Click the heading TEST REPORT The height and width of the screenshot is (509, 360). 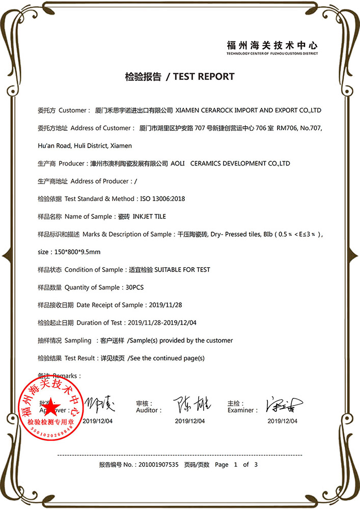204,77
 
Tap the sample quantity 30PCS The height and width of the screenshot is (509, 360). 134,287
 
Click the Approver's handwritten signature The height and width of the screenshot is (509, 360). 100,405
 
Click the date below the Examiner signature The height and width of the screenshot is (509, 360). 283,421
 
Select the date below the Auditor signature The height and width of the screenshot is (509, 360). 190,421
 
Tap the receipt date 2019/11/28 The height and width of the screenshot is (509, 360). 165,305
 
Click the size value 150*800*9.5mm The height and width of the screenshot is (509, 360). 77,252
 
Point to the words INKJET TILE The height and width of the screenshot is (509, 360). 149,216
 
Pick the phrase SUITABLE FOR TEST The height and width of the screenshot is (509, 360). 182,269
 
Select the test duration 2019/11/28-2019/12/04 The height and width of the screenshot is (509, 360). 162,323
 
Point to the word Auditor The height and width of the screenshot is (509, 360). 149,410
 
